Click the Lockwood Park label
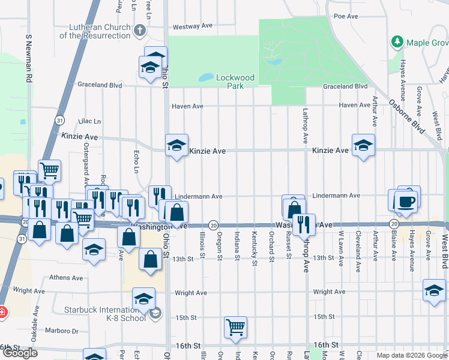(x=235, y=82)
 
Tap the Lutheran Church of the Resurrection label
(x=95, y=31)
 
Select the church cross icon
(x=139, y=29)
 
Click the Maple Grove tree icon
(x=397, y=42)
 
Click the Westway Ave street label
(x=193, y=26)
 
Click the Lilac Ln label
(x=98, y=121)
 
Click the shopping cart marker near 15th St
(x=236, y=326)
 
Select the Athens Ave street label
(x=67, y=278)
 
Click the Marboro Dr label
(x=63, y=331)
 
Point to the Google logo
(x=20, y=353)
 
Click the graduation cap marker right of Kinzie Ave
(x=363, y=145)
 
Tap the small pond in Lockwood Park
(x=205, y=77)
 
